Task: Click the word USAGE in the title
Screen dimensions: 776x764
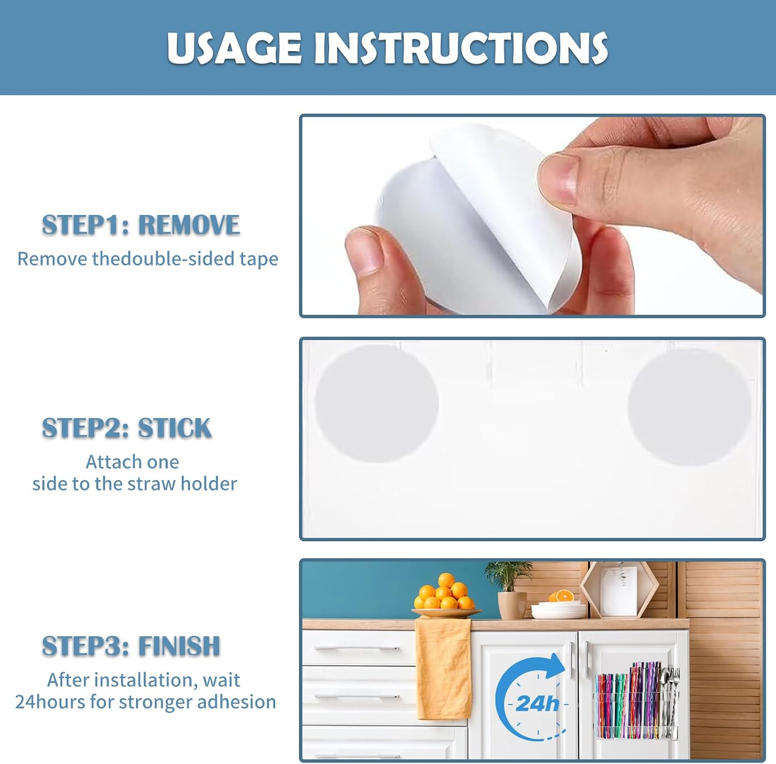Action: tap(234, 48)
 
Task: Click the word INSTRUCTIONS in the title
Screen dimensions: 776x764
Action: tap(461, 48)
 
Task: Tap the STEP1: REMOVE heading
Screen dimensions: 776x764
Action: tap(141, 225)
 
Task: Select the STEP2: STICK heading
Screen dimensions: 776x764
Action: tap(127, 428)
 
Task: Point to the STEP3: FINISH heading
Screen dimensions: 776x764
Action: tap(131, 646)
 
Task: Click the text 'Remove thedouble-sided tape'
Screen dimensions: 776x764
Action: tap(147, 258)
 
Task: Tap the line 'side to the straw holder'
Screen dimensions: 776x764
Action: tap(135, 484)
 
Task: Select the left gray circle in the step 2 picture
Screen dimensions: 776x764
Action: tap(377, 403)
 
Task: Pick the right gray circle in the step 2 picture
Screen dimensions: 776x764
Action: tap(690, 407)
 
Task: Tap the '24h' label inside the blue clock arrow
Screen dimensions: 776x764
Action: tap(538, 704)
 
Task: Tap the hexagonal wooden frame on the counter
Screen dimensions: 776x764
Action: tap(619, 590)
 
